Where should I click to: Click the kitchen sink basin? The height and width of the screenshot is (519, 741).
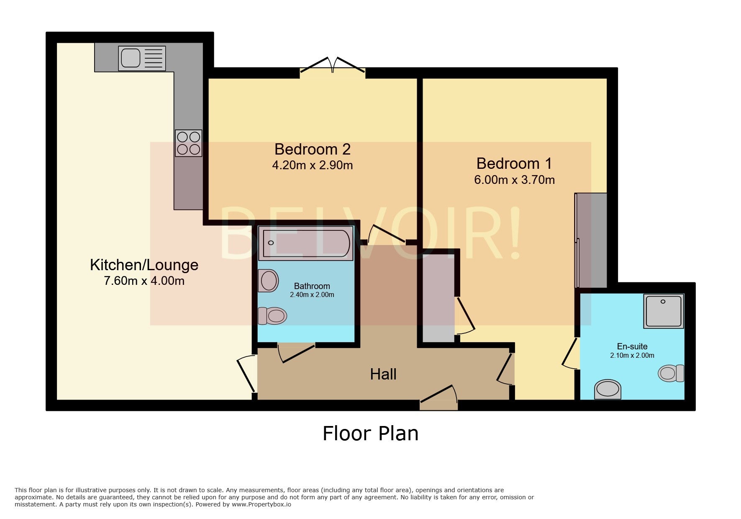pyautogui.click(x=131, y=58)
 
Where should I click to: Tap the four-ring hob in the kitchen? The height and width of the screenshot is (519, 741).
pyautogui.click(x=188, y=143)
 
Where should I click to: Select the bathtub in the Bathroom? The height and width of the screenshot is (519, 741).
pyautogui.click(x=306, y=243)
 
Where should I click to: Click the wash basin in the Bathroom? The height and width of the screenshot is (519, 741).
pyautogui.click(x=268, y=280)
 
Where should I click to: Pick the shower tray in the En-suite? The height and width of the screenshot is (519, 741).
pyautogui.click(x=664, y=311)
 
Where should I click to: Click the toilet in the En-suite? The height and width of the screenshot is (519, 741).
pyautogui.click(x=671, y=373)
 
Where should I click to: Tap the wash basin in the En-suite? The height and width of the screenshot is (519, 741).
pyautogui.click(x=608, y=389)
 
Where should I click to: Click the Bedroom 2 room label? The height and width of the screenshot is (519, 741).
pyautogui.click(x=313, y=149)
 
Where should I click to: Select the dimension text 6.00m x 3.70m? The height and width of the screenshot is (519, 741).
pyautogui.click(x=514, y=180)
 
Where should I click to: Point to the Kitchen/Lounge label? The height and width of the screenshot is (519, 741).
pyautogui.click(x=144, y=265)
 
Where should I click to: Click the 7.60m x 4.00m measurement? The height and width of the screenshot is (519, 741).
pyautogui.click(x=144, y=281)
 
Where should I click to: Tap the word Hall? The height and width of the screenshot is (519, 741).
pyautogui.click(x=383, y=374)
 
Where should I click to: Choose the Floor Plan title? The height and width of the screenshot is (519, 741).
pyautogui.click(x=370, y=433)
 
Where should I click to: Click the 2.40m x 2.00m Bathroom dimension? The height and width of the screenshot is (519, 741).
pyautogui.click(x=312, y=295)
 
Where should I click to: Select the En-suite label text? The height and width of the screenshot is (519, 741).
pyautogui.click(x=632, y=346)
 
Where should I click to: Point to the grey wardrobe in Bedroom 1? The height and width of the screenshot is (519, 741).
pyautogui.click(x=591, y=240)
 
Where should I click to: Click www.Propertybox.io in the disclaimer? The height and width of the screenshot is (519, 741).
pyautogui.click(x=261, y=504)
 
